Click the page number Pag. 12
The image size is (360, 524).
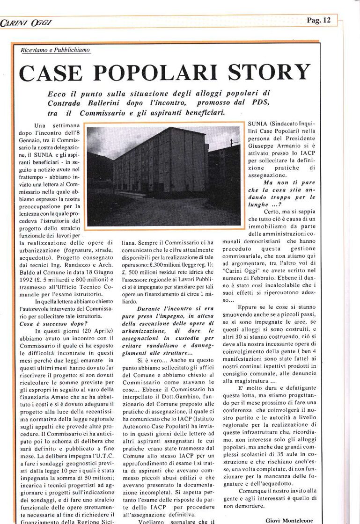tap(318, 20)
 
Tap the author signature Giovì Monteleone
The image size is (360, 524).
tap(288, 520)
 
